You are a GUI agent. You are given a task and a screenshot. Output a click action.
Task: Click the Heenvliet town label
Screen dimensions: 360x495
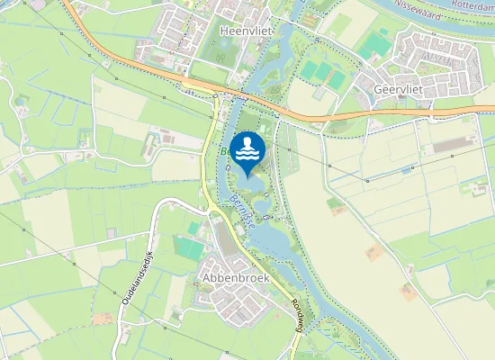coord(239,30)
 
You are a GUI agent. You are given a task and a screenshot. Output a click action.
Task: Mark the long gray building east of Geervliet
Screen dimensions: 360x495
coord(455,145)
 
